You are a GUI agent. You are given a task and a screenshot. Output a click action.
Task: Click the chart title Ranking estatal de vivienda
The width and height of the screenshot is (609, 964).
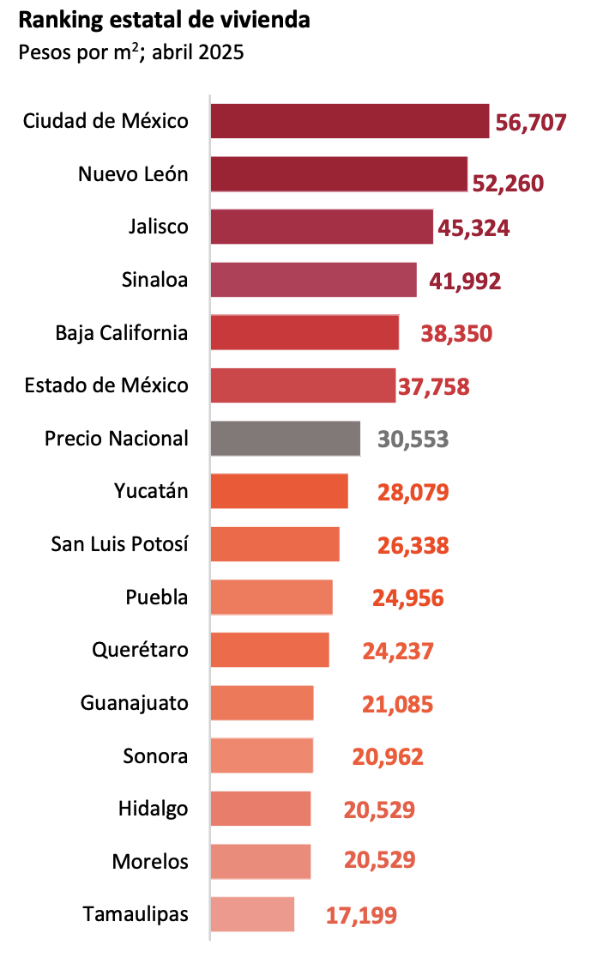[164, 21]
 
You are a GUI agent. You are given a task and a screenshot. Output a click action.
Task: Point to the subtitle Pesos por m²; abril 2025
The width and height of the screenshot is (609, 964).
[131, 52]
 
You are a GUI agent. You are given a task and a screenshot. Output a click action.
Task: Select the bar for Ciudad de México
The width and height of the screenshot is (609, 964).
[350, 121]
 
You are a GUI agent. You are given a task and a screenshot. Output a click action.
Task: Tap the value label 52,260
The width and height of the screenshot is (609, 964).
[508, 183]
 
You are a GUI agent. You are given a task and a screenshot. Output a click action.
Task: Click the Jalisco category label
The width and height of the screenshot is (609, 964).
[158, 227]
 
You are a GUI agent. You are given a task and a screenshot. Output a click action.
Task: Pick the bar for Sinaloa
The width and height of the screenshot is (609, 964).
[314, 280]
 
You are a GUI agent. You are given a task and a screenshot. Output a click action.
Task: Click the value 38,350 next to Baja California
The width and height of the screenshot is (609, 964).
[456, 334]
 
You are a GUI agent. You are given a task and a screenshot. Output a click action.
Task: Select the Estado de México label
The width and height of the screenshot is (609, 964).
[106, 385]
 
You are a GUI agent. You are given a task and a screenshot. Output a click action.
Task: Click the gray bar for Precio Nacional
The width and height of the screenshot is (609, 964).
[286, 439]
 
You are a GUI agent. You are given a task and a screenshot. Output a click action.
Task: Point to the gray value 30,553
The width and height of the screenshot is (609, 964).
[413, 440]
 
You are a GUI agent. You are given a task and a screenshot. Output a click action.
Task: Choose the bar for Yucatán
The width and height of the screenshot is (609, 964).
[280, 491]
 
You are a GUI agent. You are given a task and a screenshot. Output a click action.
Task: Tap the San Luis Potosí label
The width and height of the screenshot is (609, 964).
[119, 544]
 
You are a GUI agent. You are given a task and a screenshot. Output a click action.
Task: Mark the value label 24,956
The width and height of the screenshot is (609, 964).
[407, 597]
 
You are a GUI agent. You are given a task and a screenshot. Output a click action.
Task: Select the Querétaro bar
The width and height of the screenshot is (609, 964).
[270, 650]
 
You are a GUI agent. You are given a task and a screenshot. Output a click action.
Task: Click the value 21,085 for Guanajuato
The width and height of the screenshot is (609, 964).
[397, 705]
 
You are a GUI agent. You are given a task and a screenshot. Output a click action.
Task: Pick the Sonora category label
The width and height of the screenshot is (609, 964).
[155, 756]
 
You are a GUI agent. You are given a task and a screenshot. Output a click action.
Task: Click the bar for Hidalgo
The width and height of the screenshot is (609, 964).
[261, 809]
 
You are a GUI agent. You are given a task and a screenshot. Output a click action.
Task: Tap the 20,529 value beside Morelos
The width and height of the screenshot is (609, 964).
[379, 860]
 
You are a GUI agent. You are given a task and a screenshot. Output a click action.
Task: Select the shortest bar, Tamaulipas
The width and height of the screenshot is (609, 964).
[252, 914]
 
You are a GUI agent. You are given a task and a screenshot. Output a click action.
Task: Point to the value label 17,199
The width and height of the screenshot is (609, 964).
[361, 915]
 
